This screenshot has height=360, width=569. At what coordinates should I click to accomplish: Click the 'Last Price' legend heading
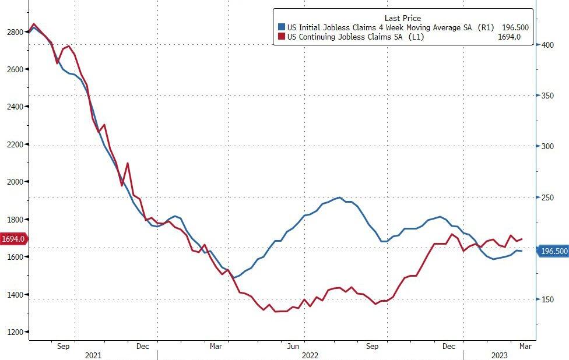point(403,18)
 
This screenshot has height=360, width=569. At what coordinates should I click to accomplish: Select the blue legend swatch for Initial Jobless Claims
point(282,27)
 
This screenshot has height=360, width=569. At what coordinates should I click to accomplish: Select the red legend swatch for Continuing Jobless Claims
point(282,37)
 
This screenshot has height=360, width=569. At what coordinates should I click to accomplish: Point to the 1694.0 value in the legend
point(509,37)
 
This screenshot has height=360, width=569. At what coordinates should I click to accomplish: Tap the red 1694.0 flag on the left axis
point(13,239)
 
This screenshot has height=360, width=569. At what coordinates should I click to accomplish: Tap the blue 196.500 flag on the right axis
point(554,251)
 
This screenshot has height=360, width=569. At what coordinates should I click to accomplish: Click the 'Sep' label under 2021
point(64,346)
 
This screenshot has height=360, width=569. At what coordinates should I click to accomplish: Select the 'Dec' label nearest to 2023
point(449,346)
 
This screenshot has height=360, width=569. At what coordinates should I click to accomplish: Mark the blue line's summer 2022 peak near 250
point(340,197)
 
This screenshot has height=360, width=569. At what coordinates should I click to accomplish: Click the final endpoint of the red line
point(522,239)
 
